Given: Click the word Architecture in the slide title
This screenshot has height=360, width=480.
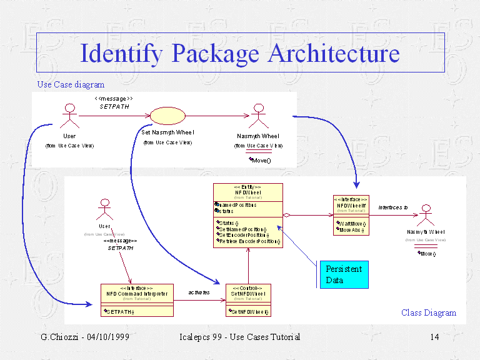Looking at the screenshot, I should (x=334, y=53).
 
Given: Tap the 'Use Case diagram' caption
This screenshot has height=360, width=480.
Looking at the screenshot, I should (x=71, y=84).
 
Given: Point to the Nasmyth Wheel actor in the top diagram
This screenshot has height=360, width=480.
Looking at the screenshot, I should (x=257, y=117).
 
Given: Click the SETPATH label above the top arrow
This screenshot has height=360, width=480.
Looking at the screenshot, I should (x=114, y=107).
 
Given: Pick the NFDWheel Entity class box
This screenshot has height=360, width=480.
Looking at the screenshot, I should (x=248, y=214).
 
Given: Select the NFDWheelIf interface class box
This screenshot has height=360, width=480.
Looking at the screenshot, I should (x=351, y=215).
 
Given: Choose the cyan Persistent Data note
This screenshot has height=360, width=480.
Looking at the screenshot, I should (x=343, y=274).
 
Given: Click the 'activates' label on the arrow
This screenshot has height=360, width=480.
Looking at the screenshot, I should (x=199, y=292).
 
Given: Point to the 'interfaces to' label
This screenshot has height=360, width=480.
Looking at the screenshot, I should (x=393, y=207).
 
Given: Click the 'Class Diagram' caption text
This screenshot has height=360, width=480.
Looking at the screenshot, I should (x=429, y=312).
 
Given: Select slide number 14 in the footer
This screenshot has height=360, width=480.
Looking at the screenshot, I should (x=435, y=337).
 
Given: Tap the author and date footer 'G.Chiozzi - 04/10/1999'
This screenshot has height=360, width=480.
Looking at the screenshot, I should (x=85, y=337).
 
